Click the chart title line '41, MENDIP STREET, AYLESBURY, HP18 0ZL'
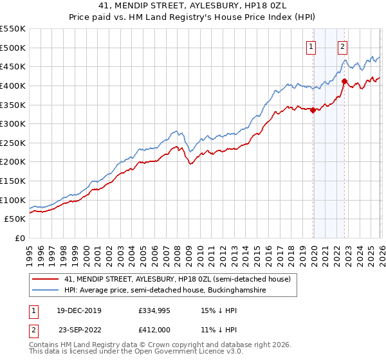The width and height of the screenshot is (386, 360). (193, 5)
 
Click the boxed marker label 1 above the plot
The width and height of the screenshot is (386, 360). (311, 46)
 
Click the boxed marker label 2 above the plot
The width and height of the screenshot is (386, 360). (342, 46)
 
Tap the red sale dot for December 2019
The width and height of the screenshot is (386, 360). (313, 110)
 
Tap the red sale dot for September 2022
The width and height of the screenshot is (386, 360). (345, 81)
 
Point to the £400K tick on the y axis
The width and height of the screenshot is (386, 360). (13, 85)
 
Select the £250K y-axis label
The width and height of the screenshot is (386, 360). (13, 143)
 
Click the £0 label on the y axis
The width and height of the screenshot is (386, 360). (21, 238)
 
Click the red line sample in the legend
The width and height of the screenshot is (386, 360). (46, 280)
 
